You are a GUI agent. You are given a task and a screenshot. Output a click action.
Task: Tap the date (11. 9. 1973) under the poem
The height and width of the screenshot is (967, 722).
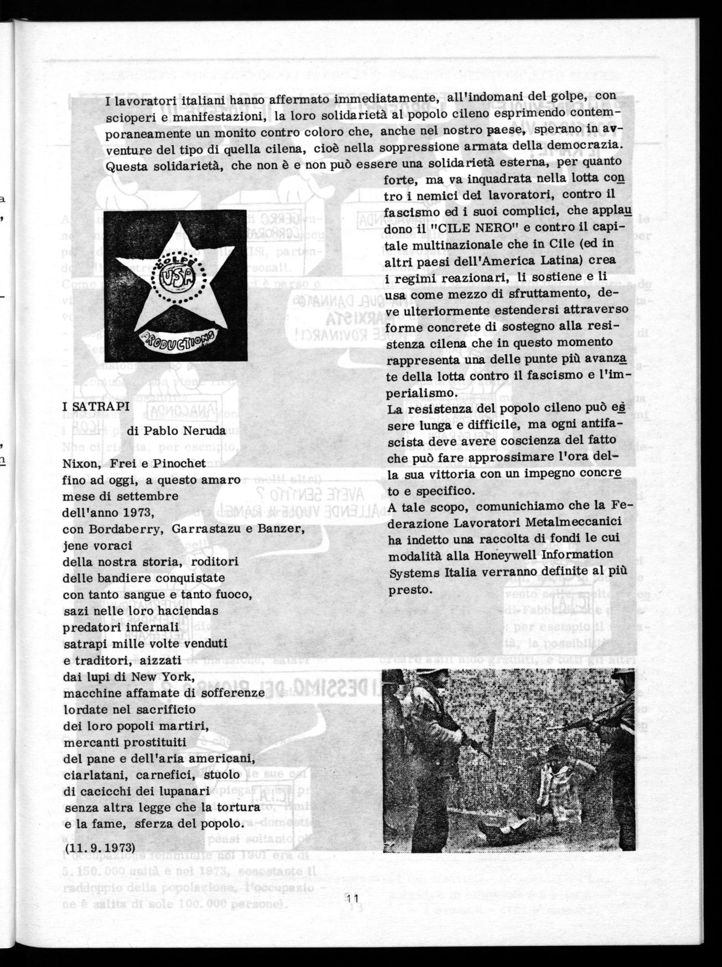[99, 863]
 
